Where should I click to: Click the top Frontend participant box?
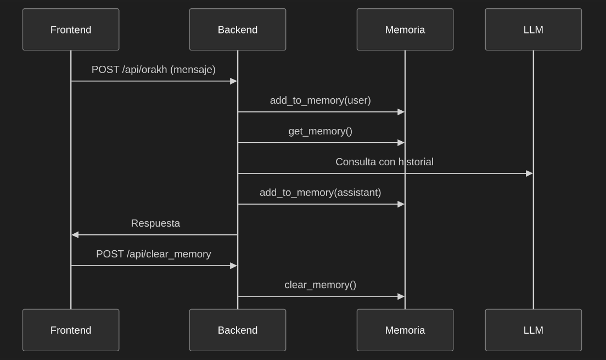tap(71, 29)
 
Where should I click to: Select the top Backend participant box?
tap(238, 29)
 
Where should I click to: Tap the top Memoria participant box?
tap(405, 29)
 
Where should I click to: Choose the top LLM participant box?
tap(534, 29)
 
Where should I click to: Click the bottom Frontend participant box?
tap(71, 330)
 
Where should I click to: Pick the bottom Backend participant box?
tap(238, 330)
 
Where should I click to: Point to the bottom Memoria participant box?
tap(405, 330)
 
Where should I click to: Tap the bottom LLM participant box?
tap(534, 330)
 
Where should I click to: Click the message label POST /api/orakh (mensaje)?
tap(154, 70)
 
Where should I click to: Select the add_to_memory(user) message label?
tap(321, 100)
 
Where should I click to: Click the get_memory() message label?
tap(321, 131)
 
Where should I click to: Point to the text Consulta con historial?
tap(385, 162)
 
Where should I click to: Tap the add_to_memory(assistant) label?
tap(321, 193)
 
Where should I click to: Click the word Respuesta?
tap(155, 223)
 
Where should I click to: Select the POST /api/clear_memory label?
tap(154, 254)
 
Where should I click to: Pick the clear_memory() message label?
tap(321, 285)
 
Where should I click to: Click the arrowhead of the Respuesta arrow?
tap(75, 235)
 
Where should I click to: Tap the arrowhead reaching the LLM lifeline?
tap(530, 173)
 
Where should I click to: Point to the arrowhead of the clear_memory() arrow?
tap(401, 296)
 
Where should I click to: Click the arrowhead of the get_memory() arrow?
tap(401, 143)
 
